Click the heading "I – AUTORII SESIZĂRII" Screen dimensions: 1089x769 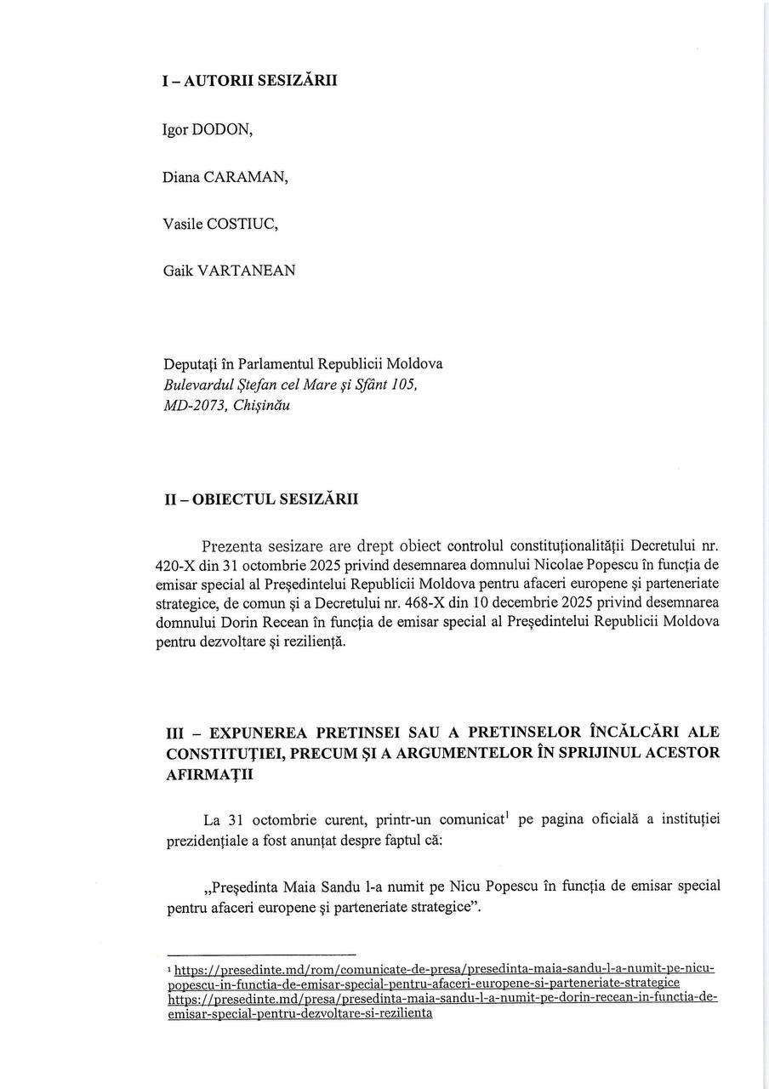click(x=249, y=81)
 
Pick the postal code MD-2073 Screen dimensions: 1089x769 click(x=193, y=405)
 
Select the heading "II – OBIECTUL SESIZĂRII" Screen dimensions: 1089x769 click(x=261, y=499)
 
